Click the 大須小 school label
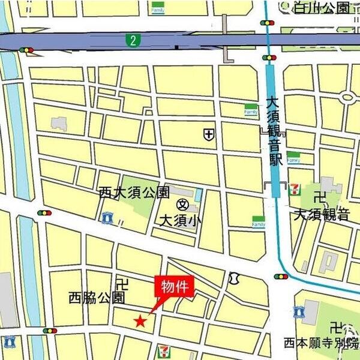click(180, 220)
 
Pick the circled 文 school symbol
click(179, 206)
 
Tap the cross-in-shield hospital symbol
click(208, 134)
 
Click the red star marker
click(140, 322)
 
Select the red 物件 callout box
click(175, 287)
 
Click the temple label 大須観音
click(322, 214)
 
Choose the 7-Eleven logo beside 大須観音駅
click(294, 189)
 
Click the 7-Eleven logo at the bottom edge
click(163, 352)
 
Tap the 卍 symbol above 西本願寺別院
click(335, 328)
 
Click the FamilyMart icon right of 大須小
click(258, 221)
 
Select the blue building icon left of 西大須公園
click(107, 217)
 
